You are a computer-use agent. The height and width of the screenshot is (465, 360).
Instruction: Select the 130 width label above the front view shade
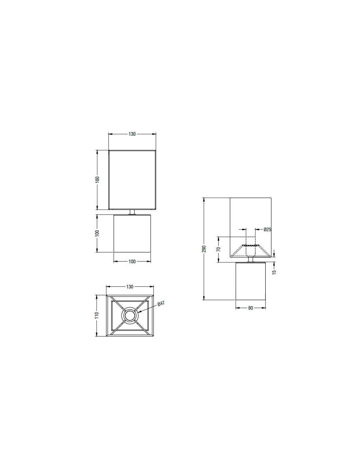132,134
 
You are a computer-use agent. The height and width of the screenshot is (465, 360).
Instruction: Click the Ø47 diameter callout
161,304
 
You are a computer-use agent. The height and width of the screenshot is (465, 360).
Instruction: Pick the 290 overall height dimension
204,249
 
